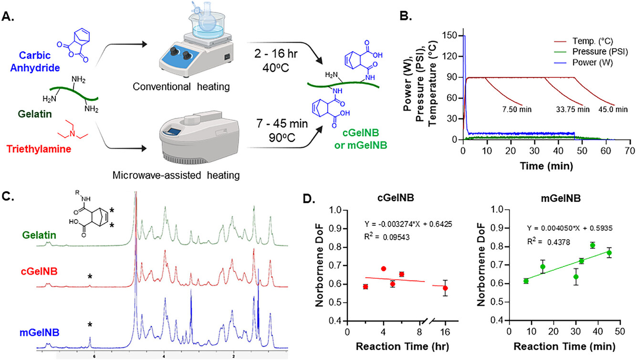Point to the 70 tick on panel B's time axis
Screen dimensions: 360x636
point(629,150)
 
